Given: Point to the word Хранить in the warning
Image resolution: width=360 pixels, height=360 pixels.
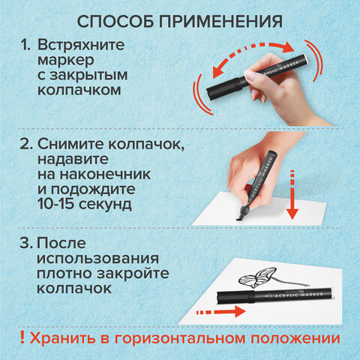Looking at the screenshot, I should coord(58,336).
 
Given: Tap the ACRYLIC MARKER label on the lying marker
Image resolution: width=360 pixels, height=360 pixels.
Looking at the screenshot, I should coord(292,292).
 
